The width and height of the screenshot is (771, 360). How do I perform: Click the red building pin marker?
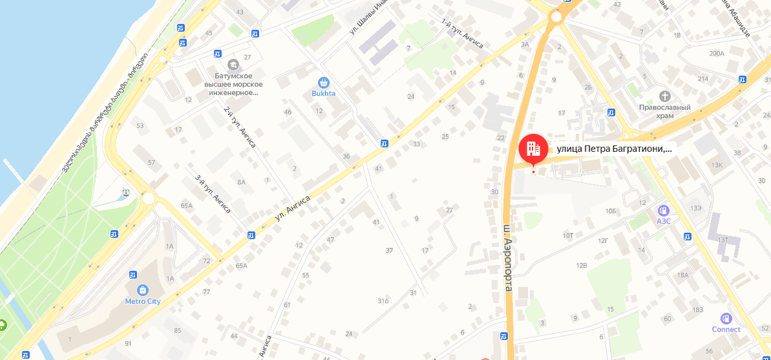pos(533,149)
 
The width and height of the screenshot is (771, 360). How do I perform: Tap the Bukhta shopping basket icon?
pos(324,83)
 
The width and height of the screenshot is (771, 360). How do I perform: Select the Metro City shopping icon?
pos(143,290)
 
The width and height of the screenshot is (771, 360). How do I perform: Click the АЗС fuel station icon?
pos(663,211)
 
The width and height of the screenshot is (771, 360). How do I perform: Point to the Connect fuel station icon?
pos(726,319)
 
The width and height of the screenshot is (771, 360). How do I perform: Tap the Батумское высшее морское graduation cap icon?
pos(233,64)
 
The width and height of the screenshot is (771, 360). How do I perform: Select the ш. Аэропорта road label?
pos(509,257)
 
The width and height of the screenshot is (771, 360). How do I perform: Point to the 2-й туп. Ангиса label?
pos(240,127)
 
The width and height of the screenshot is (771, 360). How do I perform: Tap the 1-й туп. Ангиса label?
pos(461,34)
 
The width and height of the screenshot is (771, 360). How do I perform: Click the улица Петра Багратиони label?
pos(614,149)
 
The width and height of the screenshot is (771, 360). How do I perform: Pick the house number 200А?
pos(717,53)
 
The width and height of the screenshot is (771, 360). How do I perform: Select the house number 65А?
pos(187,206)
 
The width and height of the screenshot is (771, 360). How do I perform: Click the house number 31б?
pos(383,301)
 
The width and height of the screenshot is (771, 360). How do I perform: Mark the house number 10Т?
pos(568,235)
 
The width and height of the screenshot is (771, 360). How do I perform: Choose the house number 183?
pos(697,310)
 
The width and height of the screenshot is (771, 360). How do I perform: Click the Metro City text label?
pos(143,301)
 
